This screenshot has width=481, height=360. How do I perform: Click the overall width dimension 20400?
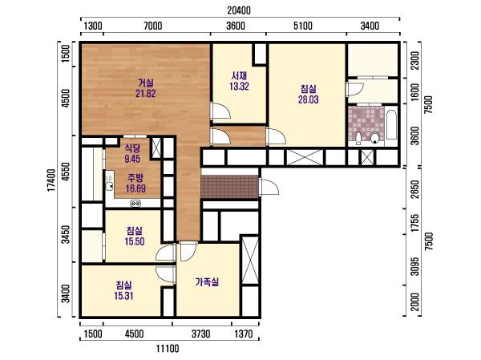tap(239, 10)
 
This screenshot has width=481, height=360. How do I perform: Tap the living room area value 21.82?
tap(146, 93)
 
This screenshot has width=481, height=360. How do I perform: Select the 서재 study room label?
tap(239, 75)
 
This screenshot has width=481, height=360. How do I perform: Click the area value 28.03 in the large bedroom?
tap(309, 99)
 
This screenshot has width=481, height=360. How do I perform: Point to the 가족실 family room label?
tap(207, 281)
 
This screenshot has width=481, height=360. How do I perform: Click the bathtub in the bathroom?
tap(391, 126)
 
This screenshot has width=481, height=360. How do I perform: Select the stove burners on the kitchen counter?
tap(135, 203)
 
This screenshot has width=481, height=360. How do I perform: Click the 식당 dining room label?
tap(132, 148)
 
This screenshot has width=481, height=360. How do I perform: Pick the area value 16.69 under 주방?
tap(135, 188)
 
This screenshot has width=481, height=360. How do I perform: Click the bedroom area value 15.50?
tap(135, 241)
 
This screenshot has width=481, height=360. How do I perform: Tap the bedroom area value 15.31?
tap(123, 296)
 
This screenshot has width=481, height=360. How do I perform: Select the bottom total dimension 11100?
tap(168, 349)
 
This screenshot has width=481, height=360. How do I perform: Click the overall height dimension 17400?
tap(51, 180)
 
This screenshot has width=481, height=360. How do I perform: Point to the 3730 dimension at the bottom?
tap(201, 334)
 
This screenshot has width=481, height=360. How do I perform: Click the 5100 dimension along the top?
tap(303, 26)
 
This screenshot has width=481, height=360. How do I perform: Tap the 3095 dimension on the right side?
tap(414, 266)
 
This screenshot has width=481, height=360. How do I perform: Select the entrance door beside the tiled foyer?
tap(269, 187)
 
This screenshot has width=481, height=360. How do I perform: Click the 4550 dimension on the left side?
tap(66, 172)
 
